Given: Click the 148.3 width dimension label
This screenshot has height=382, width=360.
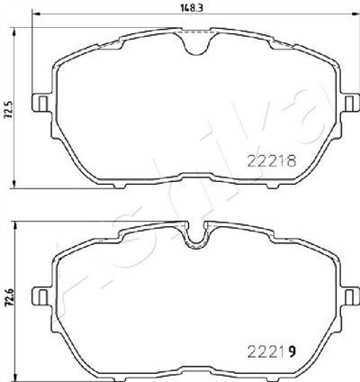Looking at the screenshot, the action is tap(192, 8).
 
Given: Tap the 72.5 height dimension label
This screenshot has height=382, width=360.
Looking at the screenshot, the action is tap(9, 110).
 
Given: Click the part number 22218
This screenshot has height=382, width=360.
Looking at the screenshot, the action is tap(272, 161).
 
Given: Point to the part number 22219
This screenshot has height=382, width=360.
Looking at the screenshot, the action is tap(272, 352).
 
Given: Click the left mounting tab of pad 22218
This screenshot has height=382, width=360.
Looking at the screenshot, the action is tap(40, 103).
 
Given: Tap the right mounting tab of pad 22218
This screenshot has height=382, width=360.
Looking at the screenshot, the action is tap(350, 103).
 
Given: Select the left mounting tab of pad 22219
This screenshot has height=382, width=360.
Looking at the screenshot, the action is tap(40, 296).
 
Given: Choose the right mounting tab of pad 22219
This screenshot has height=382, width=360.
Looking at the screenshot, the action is tap(350, 296).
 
